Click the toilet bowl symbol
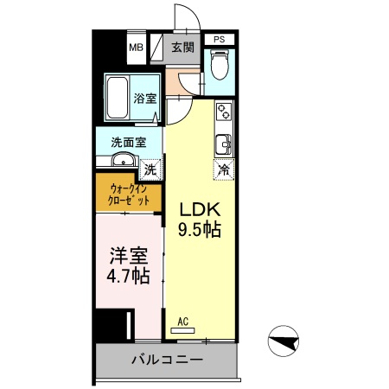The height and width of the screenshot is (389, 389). click(x=220, y=65)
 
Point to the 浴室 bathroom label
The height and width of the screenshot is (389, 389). click(x=145, y=98)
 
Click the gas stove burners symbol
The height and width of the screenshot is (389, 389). click(x=224, y=112)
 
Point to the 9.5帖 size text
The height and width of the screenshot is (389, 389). click(x=200, y=230)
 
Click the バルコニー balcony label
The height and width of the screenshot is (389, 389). click(x=168, y=359)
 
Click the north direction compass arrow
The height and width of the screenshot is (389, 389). click(x=286, y=341)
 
